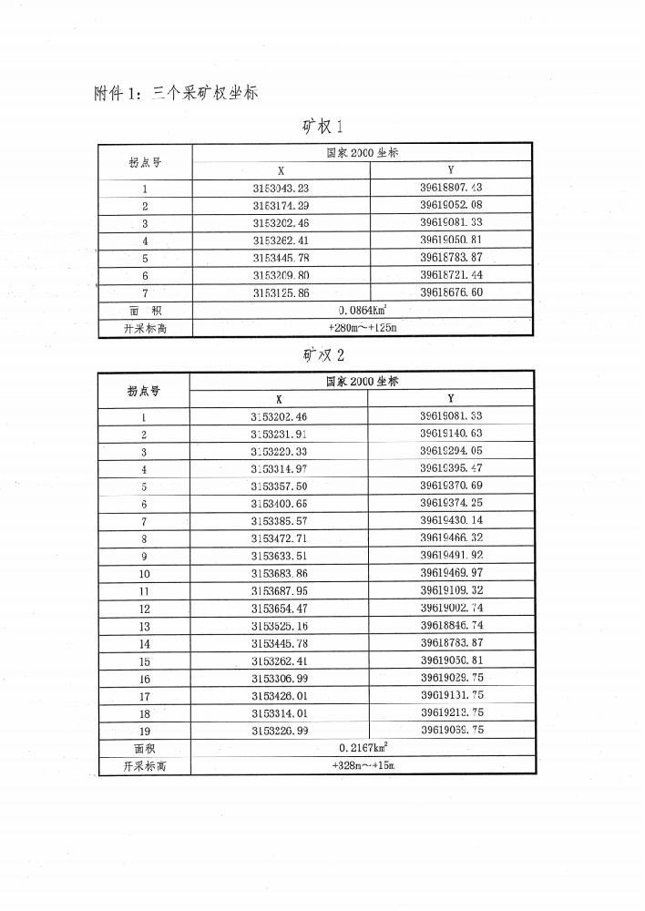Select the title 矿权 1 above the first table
[x=322, y=125]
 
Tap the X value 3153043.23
[x=281, y=189]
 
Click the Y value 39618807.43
[x=451, y=188]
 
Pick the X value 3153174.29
[x=281, y=206]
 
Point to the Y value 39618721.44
[x=451, y=274]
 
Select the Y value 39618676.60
[x=451, y=292]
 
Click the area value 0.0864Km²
[x=363, y=310]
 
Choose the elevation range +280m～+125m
[x=363, y=327]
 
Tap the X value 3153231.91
[x=279, y=435]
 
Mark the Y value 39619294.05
[x=451, y=451]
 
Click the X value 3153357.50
[x=279, y=486]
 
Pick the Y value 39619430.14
[x=451, y=521]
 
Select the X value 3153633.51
[x=279, y=556]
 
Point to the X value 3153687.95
[x=279, y=590]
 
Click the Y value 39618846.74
[x=451, y=626]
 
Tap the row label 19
[x=144, y=731]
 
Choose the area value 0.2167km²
[x=363, y=748]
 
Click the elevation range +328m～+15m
[x=363, y=765]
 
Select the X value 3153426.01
[x=279, y=695]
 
